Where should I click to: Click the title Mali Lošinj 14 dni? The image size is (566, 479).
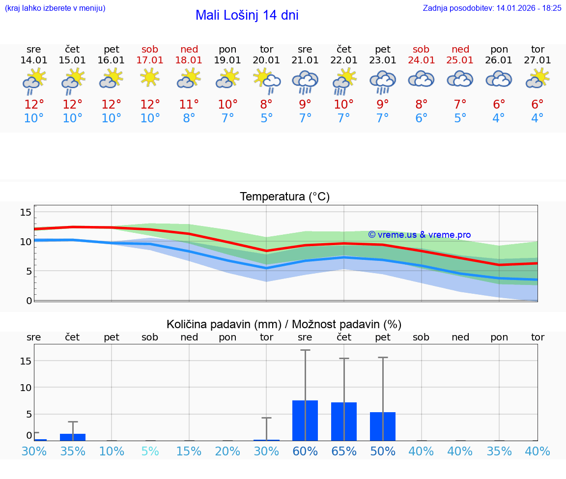tap(247, 15)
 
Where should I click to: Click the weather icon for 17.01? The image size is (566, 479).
tap(150, 78)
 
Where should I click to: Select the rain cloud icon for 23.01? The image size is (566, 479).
tap(383, 81)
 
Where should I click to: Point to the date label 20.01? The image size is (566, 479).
tap(266, 60)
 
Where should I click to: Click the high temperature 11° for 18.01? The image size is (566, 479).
tap(189, 104)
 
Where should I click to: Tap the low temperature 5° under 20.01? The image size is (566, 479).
tap(266, 118)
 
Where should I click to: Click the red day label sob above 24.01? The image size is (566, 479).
tap(421, 49)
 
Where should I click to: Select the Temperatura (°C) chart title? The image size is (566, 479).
tap(284, 197)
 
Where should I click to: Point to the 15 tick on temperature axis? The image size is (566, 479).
tap(26, 212)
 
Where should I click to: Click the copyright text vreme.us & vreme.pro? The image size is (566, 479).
tap(419, 235)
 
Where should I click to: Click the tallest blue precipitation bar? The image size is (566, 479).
tap(305, 421)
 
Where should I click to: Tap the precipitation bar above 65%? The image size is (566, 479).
tap(344, 422)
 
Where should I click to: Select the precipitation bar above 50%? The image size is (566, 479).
tap(383, 426)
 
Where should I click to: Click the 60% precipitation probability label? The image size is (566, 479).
tap(305, 451)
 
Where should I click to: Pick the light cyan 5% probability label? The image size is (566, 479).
tap(150, 451)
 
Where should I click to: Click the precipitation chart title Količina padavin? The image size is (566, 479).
tap(284, 324)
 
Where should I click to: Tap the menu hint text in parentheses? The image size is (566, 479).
tap(55, 8)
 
